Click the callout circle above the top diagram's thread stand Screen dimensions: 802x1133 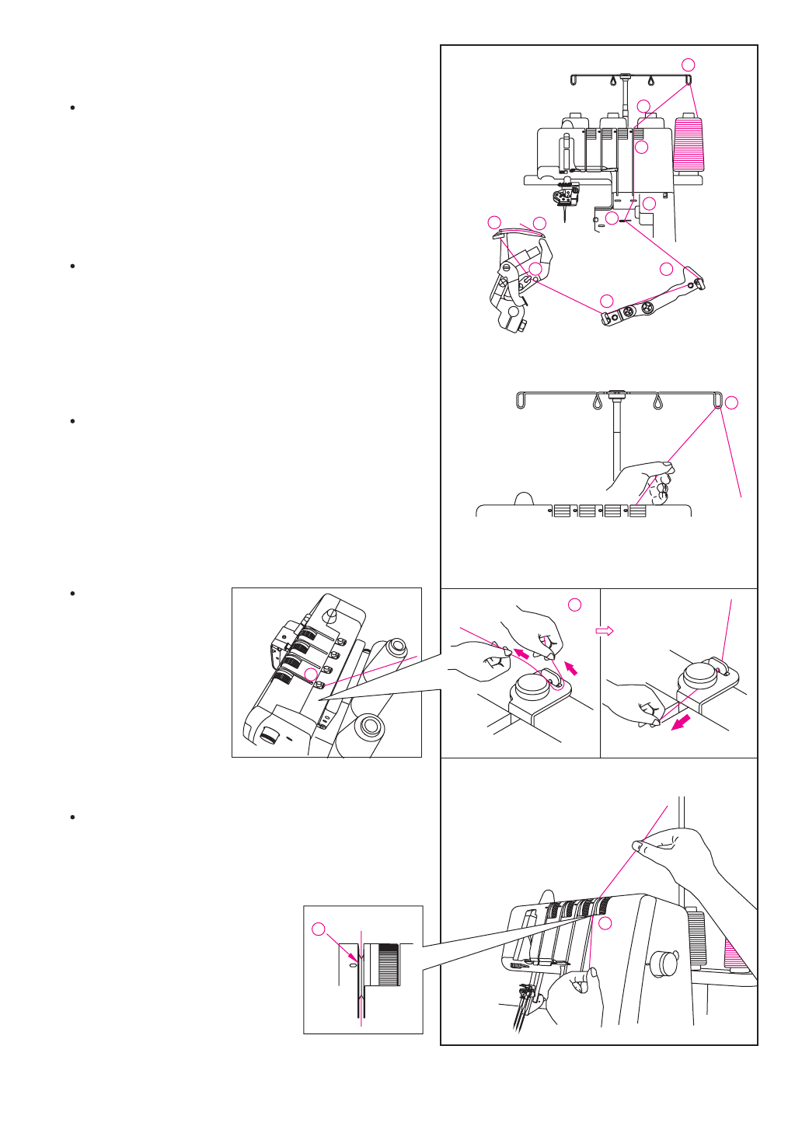tap(688, 64)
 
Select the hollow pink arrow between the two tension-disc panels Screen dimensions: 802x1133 tap(605, 631)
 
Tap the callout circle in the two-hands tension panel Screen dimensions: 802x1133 tap(574, 605)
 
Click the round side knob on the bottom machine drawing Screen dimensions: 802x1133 tap(664, 962)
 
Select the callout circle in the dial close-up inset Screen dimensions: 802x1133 tap(318, 929)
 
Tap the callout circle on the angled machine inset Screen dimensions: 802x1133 tap(310, 675)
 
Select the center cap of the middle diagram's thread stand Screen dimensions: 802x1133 tap(618, 394)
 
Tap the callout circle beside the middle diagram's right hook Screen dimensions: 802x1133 tap(731, 403)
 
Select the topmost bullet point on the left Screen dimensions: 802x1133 tap(72, 107)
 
